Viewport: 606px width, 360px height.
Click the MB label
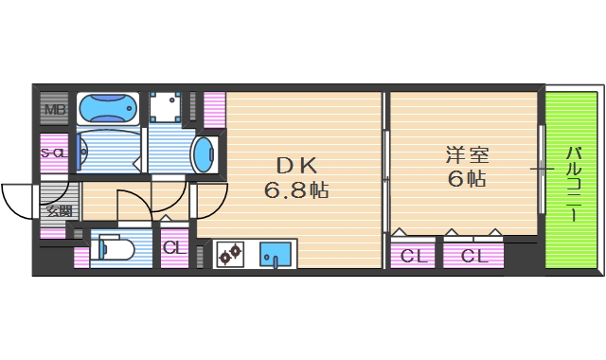pos(53,108)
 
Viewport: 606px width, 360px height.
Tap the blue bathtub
pos(106,108)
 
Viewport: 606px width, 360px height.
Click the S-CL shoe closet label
pos(52,153)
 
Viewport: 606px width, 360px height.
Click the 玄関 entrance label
pos(59,210)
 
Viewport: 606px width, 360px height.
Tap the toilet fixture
pos(112,249)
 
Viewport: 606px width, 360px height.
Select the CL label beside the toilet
pos(172,248)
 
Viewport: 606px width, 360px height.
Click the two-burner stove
pos(230,254)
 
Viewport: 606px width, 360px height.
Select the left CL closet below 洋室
pos(412,255)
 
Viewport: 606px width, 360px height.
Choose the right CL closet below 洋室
pos(474,255)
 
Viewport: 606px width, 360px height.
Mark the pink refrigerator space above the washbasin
pos(214,112)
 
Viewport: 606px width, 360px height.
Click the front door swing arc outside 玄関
pos(17,199)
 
